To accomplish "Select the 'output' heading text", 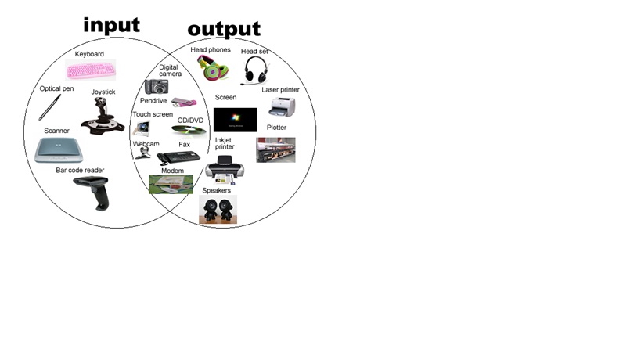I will pos(224,29).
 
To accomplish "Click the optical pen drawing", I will pos(50,106).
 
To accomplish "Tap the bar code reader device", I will pos(93,192).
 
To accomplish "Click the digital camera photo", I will pos(157,86).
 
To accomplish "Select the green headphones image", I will pos(211,67).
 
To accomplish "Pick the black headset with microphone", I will pos(254,70).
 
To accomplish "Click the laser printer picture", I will pos(281,107).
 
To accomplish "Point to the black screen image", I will pos(235,119).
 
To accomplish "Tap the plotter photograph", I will pos(275,149).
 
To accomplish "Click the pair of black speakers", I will pos(218,209).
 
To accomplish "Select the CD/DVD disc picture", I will pos(188,129).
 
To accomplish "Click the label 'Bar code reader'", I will pos(80,170).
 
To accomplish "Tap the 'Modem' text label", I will pos(172,171).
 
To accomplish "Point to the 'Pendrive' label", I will pos(153,100).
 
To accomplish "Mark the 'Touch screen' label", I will pos(153,114).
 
